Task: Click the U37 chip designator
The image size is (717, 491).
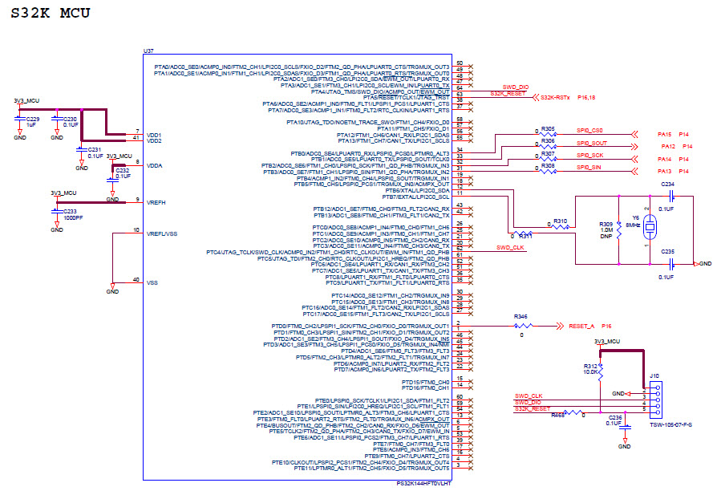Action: coord(148,51)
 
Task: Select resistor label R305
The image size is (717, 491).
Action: coord(548,128)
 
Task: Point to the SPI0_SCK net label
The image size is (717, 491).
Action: coord(589,154)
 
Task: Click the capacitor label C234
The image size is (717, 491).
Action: coord(667,185)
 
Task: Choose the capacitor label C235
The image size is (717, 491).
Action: coord(667,251)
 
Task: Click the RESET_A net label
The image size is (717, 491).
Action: coord(581,327)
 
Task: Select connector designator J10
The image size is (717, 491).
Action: coord(654,375)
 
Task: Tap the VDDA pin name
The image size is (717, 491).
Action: coord(155,165)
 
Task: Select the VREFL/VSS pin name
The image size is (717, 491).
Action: coord(160,233)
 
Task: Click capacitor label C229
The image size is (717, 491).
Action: coord(33,119)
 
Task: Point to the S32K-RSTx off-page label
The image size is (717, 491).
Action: coord(556,97)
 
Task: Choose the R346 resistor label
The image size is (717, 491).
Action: coord(521,318)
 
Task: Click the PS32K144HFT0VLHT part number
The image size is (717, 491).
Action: coord(423,484)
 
